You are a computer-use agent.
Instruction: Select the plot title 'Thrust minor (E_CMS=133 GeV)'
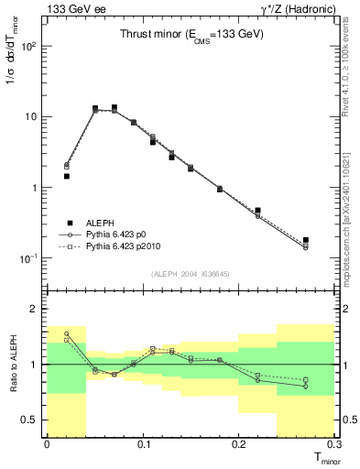pyautogui.click(x=192, y=35)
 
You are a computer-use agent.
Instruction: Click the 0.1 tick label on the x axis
pyautogui.click(x=142, y=443)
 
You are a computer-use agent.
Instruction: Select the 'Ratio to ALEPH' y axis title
pyautogui.click(x=13, y=365)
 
